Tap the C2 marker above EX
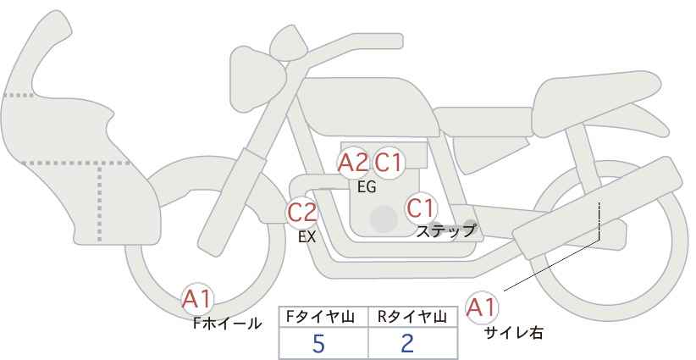[302, 211]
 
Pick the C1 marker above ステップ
[421, 207]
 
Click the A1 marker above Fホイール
[198, 298]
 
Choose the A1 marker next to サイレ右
[483, 307]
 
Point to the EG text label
[367, 188]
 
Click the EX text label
[307, 238]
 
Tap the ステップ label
[445, 230]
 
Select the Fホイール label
[227, 324]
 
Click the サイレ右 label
[513, 333]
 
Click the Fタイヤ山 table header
[323, 317]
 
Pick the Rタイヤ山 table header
[413, 317]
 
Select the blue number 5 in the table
[318, 344]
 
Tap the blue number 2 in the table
[407, 344]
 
